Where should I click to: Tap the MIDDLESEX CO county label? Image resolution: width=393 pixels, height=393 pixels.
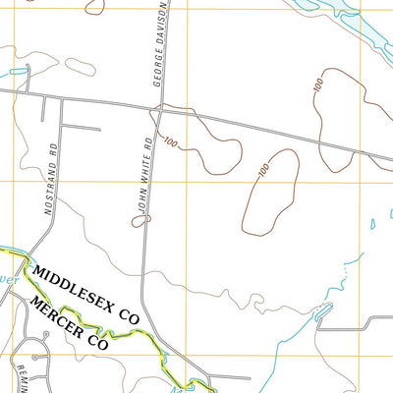[86, 293]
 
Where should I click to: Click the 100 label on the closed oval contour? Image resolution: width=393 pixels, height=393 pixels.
[262, 170]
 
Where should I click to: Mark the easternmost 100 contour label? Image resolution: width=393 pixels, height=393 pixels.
[318, 85]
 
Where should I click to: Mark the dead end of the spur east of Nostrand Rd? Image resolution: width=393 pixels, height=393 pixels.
[100, 130]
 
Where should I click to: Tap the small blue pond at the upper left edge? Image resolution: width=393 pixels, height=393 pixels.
[15, 73]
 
